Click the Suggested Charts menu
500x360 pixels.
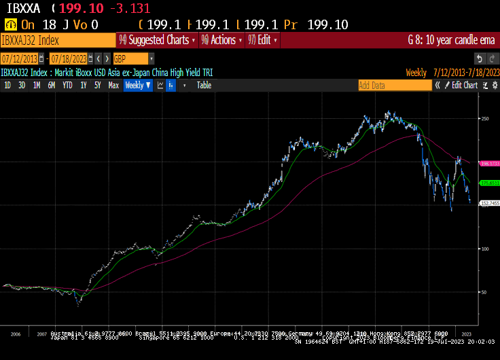click(x=157, y=40)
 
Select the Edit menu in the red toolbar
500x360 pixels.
click(x=264, y=40)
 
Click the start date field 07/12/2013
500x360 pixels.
click(x=19, y=58)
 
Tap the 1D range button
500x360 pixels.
click(x=7, y=86)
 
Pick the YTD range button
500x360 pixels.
click(x=67, y=86)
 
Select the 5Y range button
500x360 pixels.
click(x=97, y=86)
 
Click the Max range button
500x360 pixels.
click(x=113, y=86)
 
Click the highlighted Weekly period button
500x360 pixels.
click(x=137, y=86)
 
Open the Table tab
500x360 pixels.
click(x=204, y=86)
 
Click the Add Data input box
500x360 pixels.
click(x=394, y=86)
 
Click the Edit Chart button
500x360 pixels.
click(x=465, y=86)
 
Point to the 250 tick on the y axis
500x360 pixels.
click(x=485, y=119)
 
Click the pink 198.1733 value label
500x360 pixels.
click(x=490, y=164)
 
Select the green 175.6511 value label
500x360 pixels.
click(x=490, y=183)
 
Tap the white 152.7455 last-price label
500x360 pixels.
click(x=490, y=203)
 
